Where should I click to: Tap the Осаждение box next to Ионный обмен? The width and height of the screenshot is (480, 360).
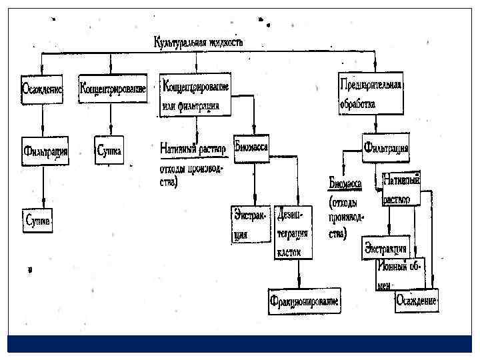[417, 301]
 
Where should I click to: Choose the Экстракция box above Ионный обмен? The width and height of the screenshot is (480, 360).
[385, 248]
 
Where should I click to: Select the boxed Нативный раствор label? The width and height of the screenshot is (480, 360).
[401, 189]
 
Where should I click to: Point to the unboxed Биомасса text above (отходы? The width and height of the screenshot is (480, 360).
[345, 181]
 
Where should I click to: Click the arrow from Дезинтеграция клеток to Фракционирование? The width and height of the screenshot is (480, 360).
[299, 273]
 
